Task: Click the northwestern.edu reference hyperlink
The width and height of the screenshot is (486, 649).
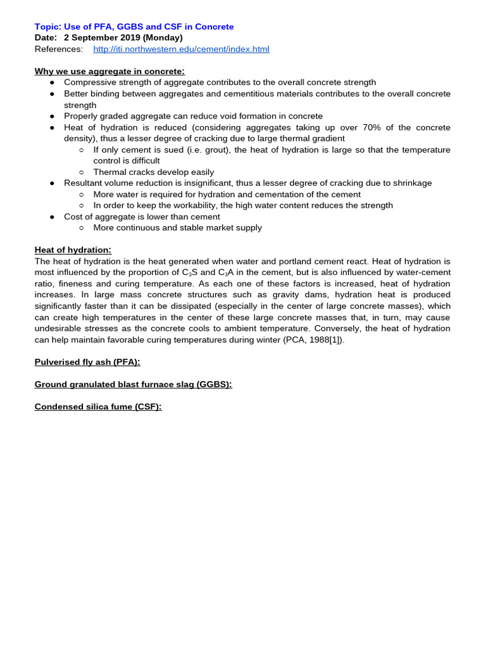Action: tap(181, 49)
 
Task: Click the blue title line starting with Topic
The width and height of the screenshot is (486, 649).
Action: tap(134, 27)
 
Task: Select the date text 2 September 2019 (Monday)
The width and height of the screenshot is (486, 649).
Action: tap(123, 38)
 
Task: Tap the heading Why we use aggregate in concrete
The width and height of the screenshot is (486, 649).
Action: tap(109, 72)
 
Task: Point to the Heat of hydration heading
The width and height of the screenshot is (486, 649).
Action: tap(73, 250)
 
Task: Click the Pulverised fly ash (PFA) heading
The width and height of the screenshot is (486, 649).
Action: tap(87, 362)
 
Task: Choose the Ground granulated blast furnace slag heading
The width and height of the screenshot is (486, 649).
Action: tap(133, 385)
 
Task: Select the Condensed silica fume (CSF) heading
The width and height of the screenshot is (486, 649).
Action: tap(98, 407)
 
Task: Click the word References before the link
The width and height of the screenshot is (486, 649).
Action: tap(58, 49)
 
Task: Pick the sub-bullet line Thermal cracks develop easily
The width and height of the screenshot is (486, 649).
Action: tap(154, 172)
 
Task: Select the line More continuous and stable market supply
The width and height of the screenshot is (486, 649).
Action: tap(177, 228)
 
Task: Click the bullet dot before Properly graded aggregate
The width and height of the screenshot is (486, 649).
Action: tap(53, 117)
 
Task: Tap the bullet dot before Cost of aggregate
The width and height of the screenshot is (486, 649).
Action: tap(53, 217)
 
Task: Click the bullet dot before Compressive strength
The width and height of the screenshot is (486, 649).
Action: tap(53, 83)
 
